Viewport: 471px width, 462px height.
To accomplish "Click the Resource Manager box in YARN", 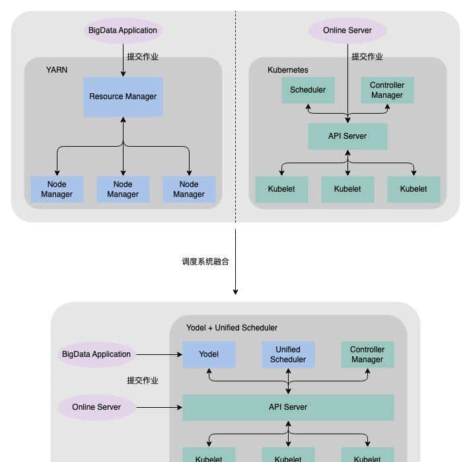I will click(x=123, y=96).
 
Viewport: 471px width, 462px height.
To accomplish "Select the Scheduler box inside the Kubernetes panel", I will click(x=308, y=90).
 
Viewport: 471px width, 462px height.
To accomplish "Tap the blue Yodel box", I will click(x=209, y=354).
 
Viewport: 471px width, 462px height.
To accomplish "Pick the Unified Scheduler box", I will click(x=288, y=354).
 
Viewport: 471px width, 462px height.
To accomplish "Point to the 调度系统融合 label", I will click(x=205, y=262).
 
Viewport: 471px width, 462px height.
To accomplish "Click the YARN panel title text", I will click(x=57, y=69).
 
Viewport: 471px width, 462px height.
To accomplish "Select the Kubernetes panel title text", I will click(x=287, y=69).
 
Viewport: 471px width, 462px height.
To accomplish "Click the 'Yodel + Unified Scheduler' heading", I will click(x=231, y=327).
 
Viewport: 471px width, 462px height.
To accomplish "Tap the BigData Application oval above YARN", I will click(x=123, y=30).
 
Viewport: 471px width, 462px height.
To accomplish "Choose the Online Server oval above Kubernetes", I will click(x=347, y=30).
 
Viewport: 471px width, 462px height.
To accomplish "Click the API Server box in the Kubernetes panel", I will click(x=347, y=136).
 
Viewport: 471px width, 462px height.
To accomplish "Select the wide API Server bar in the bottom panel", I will click(x=288, y=407).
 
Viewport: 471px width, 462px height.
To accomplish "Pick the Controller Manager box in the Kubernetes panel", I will click(x=387, y=90).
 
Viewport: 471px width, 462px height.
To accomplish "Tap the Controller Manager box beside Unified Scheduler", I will click(x=367, y=354).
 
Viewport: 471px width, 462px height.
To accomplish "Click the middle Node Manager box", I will click(x=123, y=189).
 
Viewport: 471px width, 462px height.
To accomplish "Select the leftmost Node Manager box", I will click(x=57, y=189).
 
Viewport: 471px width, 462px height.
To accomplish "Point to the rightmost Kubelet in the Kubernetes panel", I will click(x=414, y=189).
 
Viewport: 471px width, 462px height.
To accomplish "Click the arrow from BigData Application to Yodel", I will click(x=159, y=354).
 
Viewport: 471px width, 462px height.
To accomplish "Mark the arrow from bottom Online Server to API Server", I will click(x=159, y=407).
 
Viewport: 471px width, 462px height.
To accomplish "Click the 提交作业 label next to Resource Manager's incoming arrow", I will click(x=143, y=57).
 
